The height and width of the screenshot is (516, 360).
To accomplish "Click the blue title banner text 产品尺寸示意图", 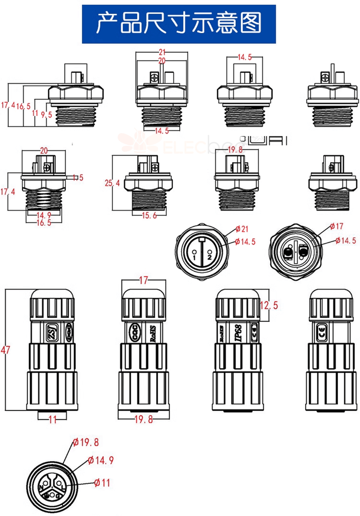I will (x=179, y=23).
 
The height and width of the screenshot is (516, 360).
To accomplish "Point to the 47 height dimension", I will (x=5, y=349).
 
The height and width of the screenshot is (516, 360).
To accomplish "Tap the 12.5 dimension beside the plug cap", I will (x=269, y=305).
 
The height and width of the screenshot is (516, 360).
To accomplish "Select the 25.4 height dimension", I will (x=112, y=183).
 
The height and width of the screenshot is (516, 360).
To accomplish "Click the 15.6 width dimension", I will (x=149, y=216).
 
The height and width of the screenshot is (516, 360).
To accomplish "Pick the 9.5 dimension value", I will (x=46, y=115).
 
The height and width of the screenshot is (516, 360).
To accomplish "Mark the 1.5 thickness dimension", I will (x=78, y=177).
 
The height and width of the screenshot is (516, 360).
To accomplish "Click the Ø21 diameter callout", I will (x=242, y=229).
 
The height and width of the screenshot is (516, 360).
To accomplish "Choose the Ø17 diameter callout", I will (x=337, y=226).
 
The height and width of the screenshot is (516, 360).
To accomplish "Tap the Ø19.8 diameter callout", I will (x=86, y=442).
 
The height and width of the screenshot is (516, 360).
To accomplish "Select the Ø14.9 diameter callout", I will (x=101, y=460).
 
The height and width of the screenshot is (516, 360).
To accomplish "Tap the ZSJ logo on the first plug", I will (x=51, y=332).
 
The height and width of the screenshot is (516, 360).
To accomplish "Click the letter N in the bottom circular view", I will (x=41, y=488).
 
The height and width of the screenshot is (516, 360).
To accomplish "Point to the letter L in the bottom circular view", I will (x=63, y=488).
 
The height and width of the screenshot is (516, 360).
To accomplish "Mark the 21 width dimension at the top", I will (x=162, y=52).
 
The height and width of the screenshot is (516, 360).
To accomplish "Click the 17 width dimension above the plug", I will (x=143, y=280).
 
